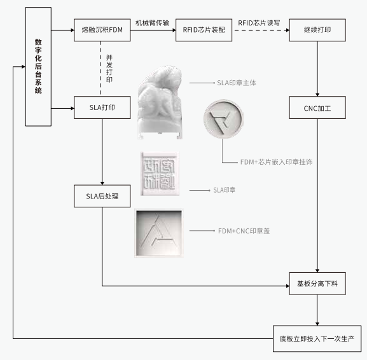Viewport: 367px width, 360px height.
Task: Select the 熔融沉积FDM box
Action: click(102, 30)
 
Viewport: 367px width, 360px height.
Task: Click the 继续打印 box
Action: click(317, 30)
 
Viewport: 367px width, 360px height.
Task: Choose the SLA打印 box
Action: click(102, 107)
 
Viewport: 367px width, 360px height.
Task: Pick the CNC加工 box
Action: click(317, 107)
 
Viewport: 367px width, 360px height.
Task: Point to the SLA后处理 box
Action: click(102, 196)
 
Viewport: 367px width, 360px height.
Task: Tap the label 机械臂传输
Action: click(153, 22)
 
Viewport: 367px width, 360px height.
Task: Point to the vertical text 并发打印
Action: click(109, 68)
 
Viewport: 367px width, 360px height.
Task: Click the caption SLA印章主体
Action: click(236, 83)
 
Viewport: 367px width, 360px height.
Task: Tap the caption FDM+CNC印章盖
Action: click(244, 230)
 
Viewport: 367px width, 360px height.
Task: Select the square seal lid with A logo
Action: click(158, 233)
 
